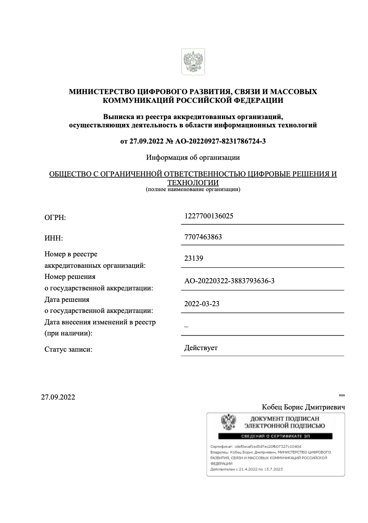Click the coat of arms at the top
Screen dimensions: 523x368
(x=193, y=62)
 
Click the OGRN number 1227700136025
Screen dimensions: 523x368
(x=209, y=216)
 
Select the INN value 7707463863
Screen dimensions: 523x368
(x=203, y=237)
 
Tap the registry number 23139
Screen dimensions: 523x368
(x=193, y=258)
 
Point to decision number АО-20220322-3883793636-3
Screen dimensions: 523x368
(x=229, y=281)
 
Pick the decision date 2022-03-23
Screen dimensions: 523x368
(x=202, y=304)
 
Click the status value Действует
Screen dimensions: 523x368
(x=201, y=348)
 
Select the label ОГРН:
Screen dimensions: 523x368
(x=55, y=217)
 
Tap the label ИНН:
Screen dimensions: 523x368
(x=53, y=238)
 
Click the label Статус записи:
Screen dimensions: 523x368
(x=68, y=349)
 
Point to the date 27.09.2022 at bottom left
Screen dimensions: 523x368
(x=58, y=397)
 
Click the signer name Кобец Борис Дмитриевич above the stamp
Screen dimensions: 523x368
(x=303, y=407)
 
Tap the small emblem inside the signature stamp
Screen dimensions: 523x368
(x=228, y=423)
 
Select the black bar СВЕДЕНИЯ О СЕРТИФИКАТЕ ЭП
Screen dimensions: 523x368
(x=276, y=436)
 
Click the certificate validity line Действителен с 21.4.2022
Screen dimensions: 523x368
(x=247, y=469)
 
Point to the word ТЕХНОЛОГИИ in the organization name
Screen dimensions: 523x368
(x=193, y=183)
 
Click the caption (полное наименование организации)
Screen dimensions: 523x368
(x=193, y=189)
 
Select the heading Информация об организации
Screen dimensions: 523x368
(x=193, y=157)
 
